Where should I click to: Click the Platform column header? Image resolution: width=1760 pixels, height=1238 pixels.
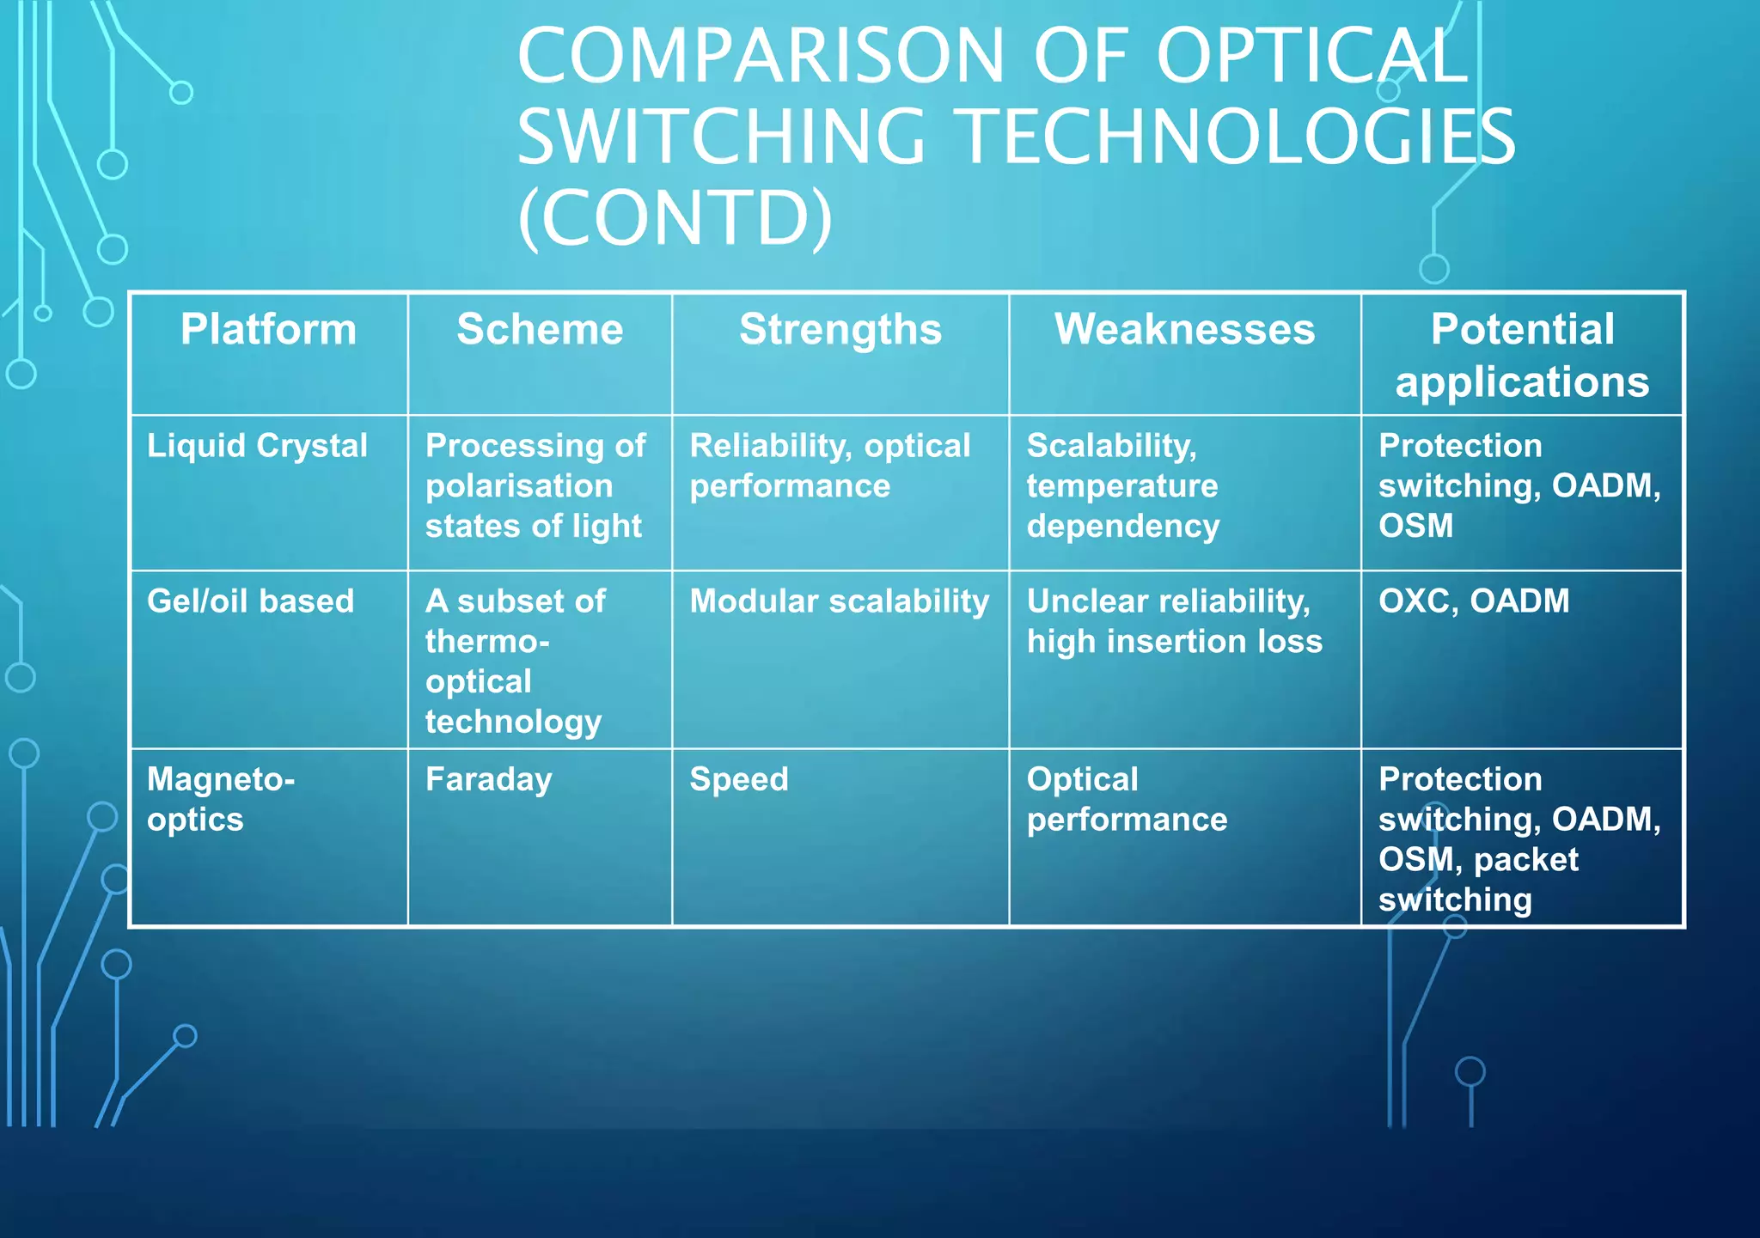point(268,330)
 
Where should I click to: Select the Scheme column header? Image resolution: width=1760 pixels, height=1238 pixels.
point(540,330)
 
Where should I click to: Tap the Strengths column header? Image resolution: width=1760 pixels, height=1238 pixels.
point(840,330)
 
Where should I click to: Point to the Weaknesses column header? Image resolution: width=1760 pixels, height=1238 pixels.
point(1184,330)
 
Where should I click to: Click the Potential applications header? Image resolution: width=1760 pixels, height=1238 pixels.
point(1522,355)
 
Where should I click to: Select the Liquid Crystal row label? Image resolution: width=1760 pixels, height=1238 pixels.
point(257,446)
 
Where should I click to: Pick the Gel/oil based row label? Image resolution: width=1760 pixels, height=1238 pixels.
point(250,601)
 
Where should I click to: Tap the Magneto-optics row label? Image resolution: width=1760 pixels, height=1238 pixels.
point(221,799)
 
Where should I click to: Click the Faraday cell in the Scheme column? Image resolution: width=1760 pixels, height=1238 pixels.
point(488,780)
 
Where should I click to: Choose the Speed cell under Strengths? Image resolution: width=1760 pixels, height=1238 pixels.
point(739,780)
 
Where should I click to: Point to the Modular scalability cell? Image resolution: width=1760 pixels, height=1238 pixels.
point(839,601)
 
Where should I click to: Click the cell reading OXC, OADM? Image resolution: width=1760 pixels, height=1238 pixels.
point(1474,601)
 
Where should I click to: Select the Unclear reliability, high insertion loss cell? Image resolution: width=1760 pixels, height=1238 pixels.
point(1174,621)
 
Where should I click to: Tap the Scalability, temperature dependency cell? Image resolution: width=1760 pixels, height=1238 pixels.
point(1122,485)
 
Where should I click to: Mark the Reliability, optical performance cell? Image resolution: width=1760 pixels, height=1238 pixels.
point(829,466)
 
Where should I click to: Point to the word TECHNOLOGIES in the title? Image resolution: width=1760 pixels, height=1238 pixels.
point(1237,137)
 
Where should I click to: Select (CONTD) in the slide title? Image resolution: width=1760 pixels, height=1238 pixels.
point(675,217)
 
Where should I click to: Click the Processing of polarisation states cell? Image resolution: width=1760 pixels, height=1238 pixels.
point(535,485)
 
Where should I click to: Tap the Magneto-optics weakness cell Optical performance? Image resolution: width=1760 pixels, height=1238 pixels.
point(1127,799)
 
